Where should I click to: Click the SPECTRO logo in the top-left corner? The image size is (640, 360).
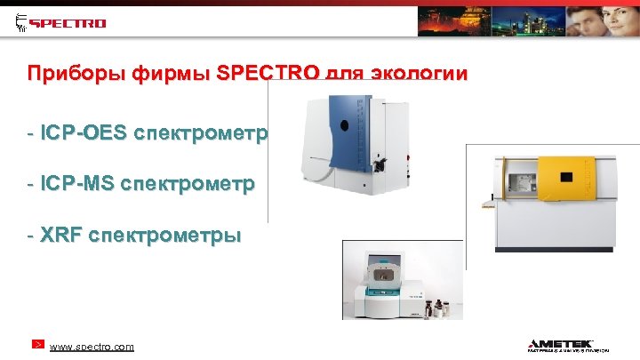tap(61, 22)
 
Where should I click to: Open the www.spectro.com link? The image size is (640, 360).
tap(92, 346)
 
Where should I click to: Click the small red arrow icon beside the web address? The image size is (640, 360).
tap(38, 344)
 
